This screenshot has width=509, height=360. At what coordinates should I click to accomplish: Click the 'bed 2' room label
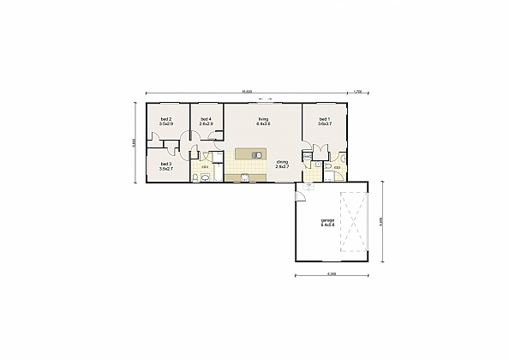click(165, 119)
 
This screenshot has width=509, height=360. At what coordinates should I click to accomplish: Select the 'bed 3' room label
click(165, 163)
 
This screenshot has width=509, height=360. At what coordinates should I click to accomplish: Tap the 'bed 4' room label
click(206, 119)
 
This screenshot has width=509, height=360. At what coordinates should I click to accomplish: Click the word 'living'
click(263, 119)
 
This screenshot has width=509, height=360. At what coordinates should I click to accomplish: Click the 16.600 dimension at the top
click(246, 91)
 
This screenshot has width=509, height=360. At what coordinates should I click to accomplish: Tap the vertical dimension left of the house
click(134, 143)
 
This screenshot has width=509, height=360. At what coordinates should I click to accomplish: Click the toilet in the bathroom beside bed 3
click(197, 177)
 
